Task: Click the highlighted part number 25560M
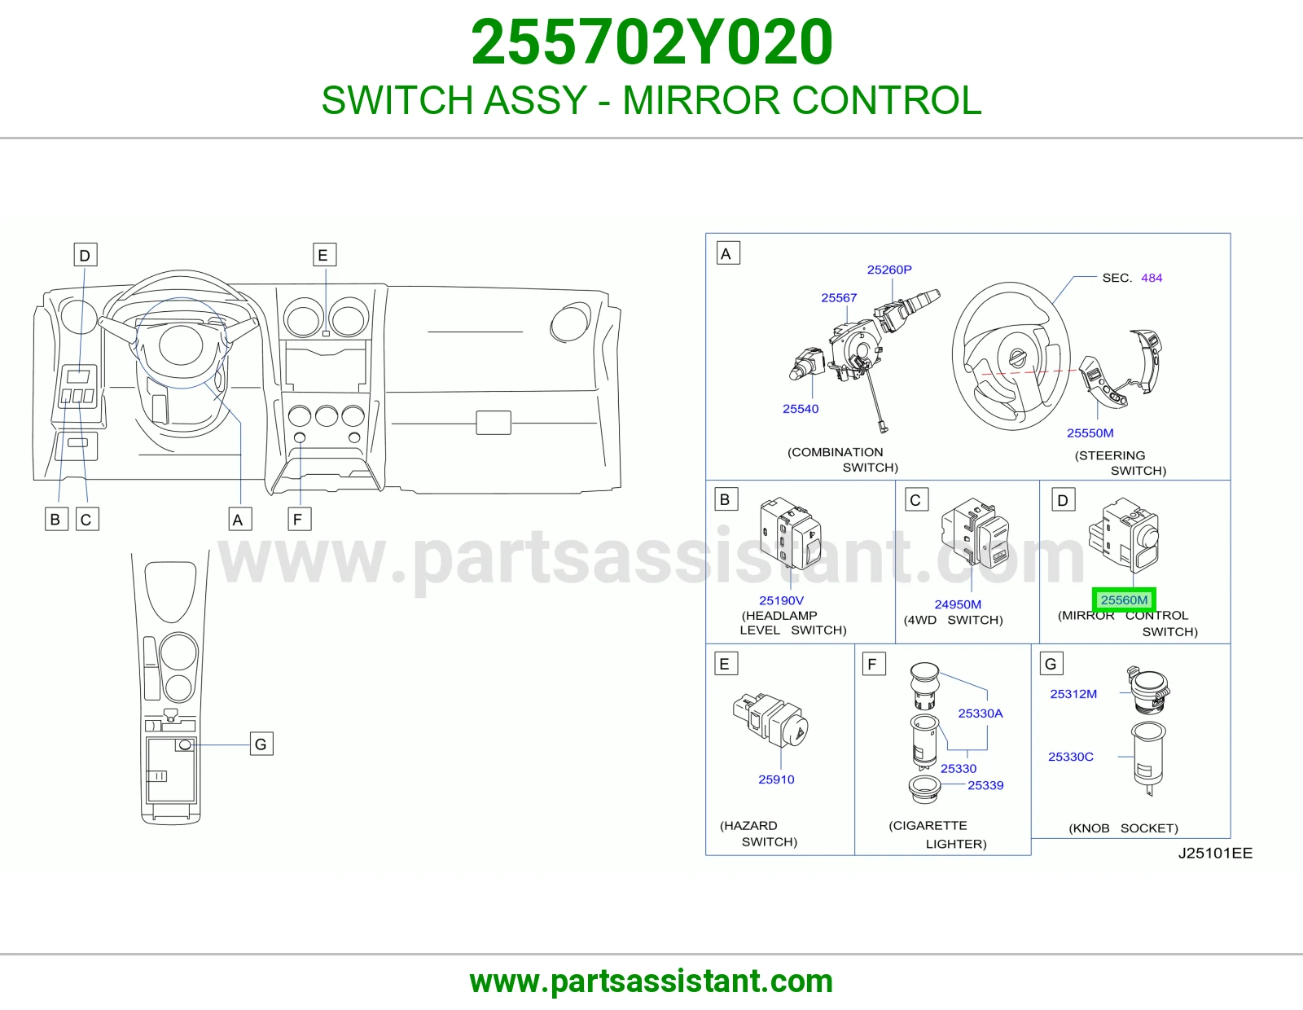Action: (x=1124, y=599)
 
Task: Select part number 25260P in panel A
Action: (x=889, y=270)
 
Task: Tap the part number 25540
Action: (x=801, y=408)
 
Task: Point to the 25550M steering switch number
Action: (x=1090, y=433)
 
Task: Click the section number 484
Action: (x=1152, y=278)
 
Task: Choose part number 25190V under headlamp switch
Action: (x=781, y=600)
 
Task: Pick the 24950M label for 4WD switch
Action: (x=958, y=604)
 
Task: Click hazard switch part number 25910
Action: (x=776, y=779)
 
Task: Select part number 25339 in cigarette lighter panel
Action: (x=985, y=785)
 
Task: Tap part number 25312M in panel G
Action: (x=1073, y=694)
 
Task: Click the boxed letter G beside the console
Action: (x=261, y=744)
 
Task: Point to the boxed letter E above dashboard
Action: (x=324, y=255)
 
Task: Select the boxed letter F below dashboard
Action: (x=299, y=520)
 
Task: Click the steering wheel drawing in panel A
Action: (x=1011, y=356)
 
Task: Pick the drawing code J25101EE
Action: (x=1215, y=854)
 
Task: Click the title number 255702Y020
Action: (x=651, y=42)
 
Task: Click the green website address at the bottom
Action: (x=651, y=981)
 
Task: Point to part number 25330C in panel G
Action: (x=1070, y=757)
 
